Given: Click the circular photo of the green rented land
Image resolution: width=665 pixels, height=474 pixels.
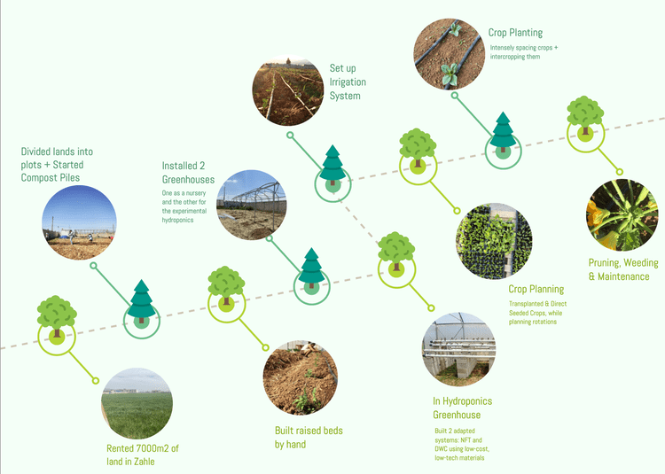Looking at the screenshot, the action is coord(137,404).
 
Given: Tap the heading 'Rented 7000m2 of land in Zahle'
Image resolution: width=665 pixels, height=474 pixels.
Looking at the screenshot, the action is coord(143,455).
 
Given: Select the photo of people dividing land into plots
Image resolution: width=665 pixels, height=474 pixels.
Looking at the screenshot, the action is coord(79,222).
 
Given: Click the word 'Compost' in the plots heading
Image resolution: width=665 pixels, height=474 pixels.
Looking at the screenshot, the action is coord(35,178).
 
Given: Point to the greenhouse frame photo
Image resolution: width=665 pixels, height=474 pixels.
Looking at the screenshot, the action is coord(252,205).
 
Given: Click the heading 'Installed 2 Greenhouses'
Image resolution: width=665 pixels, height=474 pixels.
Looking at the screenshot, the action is coord(188,173).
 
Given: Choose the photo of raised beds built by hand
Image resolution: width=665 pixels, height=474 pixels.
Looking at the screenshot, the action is coord(301,377).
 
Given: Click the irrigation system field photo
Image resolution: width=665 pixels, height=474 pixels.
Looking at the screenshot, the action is coord(288,90).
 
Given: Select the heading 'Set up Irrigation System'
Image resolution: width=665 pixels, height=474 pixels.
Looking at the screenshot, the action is coord(348,82).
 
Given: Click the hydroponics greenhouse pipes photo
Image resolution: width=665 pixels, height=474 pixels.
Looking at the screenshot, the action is coord(459,349).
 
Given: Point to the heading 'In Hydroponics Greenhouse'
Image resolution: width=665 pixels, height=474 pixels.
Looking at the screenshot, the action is coord(463,408).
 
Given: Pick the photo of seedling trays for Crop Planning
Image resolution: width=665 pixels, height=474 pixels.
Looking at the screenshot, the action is coord(494,241).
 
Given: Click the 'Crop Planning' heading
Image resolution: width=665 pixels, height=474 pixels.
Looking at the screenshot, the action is coord(536,289).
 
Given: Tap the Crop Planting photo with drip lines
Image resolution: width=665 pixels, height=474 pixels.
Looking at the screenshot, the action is coord(450,54).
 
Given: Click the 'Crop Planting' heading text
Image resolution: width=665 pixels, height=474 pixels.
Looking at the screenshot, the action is coord(515,33).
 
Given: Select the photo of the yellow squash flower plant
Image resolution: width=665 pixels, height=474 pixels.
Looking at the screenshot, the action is coord(622,214).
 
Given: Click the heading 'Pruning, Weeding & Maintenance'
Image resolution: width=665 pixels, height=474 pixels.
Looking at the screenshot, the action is coord(623,269).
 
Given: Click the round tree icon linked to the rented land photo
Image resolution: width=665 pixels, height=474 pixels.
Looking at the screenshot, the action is coord(57,318).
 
